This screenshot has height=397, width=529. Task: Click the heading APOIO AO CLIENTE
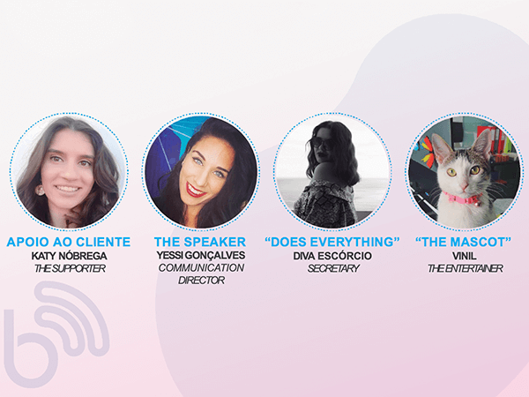tap(69, 242)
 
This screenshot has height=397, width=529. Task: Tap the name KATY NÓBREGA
tap(69, 256)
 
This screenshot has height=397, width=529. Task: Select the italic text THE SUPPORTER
tap(70, 268)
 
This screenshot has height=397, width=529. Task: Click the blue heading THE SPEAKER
tap(200, 242)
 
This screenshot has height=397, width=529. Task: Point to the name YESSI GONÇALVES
tap(201, 255)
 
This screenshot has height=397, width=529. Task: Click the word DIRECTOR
tap(201, 281)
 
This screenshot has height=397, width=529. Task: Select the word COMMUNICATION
tap(201, 267)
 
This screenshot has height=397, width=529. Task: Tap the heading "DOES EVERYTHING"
tap(332, 242)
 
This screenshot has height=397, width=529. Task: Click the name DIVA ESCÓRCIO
tap(332, 256)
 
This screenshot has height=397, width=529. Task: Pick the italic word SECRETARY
tap(333, 268)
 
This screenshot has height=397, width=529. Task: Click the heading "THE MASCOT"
tap(463, 242)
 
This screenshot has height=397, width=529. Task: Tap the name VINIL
tap(465, 256)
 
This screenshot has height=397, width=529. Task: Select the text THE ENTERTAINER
tap(466, 268)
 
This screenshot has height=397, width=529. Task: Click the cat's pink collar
tap(461, 198)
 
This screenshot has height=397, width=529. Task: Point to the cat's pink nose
tap(465, 186)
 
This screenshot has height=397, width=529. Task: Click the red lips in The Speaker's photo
tap(195, 191)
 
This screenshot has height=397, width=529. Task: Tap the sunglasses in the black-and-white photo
tap(322, 144)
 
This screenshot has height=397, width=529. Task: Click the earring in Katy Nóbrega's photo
tap(41, 190)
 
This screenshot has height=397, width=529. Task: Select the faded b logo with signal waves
tap(56, 333)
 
